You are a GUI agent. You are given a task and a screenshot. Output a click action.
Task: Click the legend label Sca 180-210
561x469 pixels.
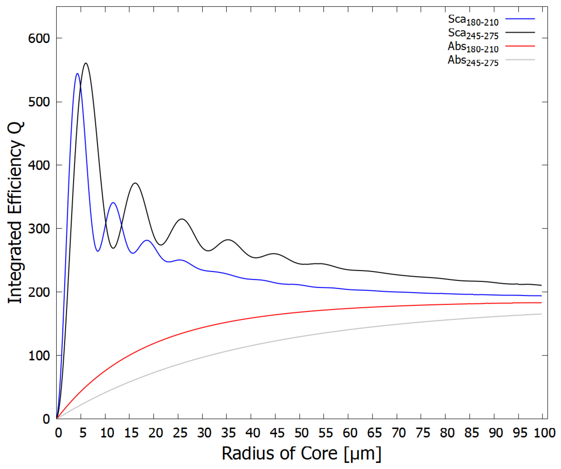(473, 20)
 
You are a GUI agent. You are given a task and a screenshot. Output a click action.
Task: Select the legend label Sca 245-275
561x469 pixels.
(473, 34)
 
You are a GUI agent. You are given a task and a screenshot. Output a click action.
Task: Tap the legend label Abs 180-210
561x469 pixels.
(473, 47)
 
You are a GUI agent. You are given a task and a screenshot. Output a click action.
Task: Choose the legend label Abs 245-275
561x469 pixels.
(473, 61)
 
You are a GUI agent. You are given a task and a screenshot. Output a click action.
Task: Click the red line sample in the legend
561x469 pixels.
(520, 46)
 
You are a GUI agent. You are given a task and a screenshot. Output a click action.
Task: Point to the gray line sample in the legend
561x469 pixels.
(520, 60)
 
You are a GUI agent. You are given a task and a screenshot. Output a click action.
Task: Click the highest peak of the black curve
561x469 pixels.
(86, 63)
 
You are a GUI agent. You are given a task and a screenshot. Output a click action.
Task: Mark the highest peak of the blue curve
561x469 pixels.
(77, 73)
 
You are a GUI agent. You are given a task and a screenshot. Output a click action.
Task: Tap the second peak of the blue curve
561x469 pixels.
(113, 203)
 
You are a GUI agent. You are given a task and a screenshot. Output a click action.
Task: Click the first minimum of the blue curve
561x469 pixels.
(98, 251)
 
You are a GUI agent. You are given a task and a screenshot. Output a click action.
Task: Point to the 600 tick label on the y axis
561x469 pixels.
(39, 38)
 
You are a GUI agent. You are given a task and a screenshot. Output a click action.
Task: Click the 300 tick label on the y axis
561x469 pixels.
(39, 229)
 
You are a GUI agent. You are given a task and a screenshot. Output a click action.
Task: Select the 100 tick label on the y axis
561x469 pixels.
(39, 356)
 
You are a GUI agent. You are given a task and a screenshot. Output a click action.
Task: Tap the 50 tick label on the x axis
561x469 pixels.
(301, 433)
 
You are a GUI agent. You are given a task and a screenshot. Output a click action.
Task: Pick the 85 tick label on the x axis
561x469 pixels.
(471, 433)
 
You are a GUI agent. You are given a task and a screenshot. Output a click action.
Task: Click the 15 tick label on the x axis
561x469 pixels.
(131, 433)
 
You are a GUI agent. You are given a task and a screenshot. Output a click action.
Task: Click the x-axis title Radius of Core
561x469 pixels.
(301, 454)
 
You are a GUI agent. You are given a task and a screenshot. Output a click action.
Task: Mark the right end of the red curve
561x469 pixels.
(541, 303)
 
